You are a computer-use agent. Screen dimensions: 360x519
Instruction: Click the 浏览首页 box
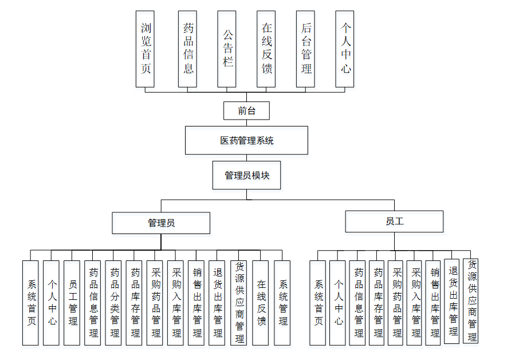(146, 49)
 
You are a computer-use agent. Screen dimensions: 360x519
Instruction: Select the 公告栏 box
(227, 49)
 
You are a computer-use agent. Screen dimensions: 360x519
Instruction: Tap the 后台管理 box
(305, 49)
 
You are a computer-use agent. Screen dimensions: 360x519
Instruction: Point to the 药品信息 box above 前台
(187, 49)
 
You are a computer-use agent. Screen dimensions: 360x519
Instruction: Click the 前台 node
(246, 110)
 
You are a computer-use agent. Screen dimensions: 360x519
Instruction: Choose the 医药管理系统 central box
(246, 140)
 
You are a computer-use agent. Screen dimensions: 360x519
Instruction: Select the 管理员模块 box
(247, 175)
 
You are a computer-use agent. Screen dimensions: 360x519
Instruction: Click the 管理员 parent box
(161, 223)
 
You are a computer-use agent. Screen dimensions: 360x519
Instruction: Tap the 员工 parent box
(394, 221)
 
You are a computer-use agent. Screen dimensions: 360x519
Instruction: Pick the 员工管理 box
(72, 303)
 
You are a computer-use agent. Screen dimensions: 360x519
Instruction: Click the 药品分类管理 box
(113, 303)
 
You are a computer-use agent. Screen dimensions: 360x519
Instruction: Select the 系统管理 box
(282, 303)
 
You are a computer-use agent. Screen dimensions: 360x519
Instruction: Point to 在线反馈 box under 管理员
(261, 303)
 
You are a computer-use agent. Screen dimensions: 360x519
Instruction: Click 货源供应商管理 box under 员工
(471, 300)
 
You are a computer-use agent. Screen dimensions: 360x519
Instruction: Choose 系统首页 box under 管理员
(31, 303)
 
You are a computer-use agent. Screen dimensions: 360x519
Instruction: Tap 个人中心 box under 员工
(338, 303)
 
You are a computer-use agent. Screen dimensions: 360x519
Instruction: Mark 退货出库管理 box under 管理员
(217, 303)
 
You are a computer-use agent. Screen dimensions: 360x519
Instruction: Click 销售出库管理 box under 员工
(433, 303)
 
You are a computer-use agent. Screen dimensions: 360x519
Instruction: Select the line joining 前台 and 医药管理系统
(246, 122)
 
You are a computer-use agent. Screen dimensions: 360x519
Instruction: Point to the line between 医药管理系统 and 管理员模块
(246, 158)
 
